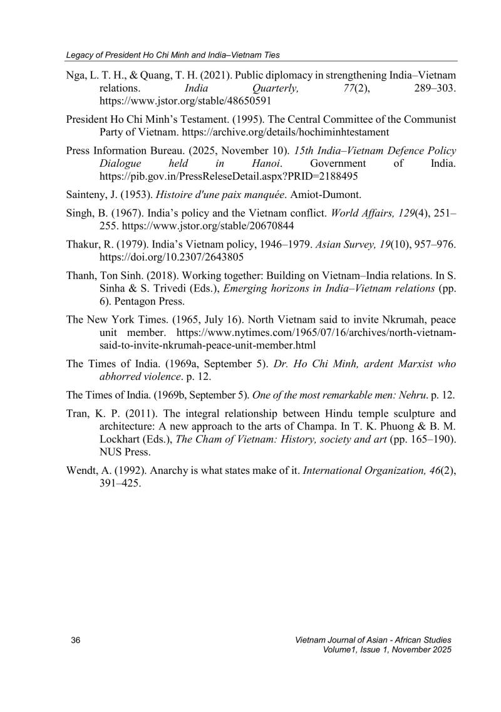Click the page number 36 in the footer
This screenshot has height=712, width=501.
pos(77,640)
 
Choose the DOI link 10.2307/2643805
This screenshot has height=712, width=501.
pos(172,257)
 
